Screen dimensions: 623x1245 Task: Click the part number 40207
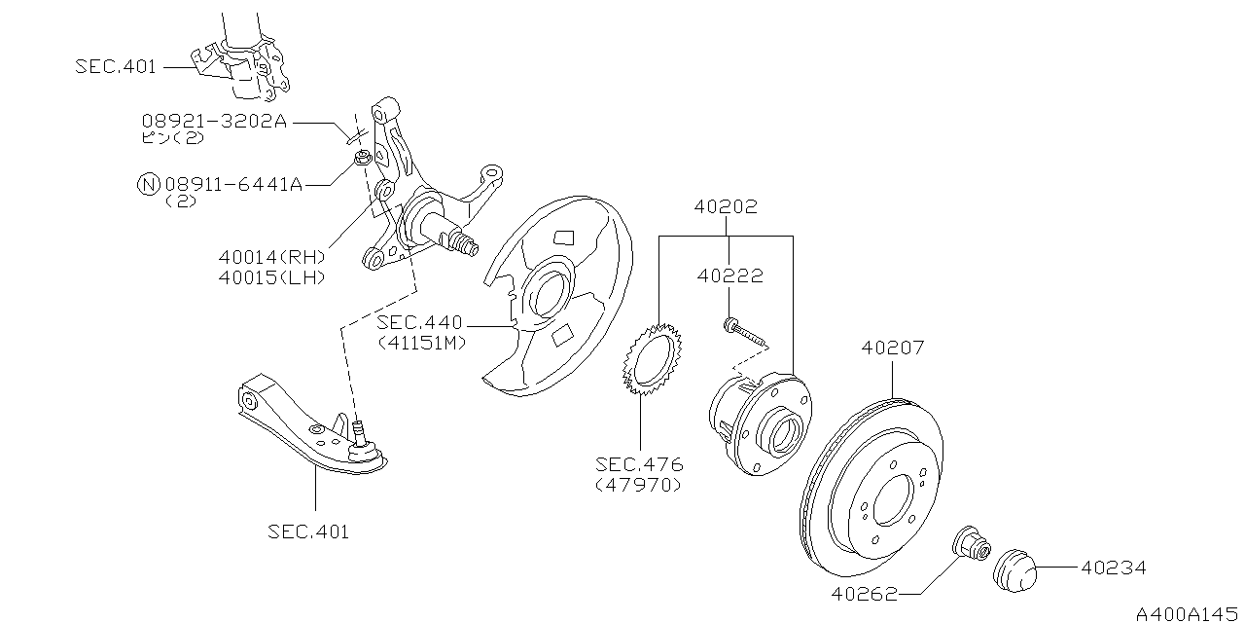tap(892, 348)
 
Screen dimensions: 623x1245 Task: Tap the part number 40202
tap(726, 207)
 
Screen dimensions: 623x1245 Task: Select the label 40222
tap(729, 275)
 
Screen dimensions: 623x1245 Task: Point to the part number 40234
tap(1113, 568)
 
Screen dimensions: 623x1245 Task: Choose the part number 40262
tap(865, 592)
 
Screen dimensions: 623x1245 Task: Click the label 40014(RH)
tap(271, 257)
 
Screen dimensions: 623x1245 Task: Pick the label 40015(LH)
tap(271, 277)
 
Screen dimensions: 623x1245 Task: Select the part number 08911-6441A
tap(233, 184)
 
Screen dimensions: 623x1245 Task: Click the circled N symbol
tap(148, 184)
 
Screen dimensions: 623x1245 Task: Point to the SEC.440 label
tap(421, 323)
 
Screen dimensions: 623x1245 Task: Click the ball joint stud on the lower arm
tap(361, 430)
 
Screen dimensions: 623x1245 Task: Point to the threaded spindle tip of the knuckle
tap(467, 242)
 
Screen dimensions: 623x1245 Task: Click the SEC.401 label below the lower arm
tap(307, 531)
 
